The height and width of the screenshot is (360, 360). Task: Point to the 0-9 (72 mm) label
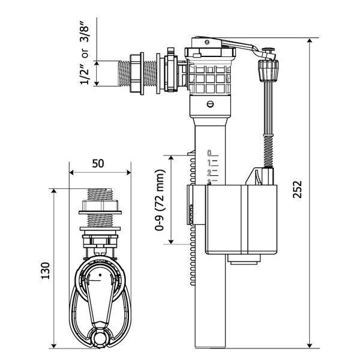[159, 200]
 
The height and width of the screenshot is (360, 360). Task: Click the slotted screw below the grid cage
[209, 103]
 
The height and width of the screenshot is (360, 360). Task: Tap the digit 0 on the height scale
[209, 152]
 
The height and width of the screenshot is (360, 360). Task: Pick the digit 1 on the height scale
[209, 162]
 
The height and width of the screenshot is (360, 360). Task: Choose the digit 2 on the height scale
[209, 171]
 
